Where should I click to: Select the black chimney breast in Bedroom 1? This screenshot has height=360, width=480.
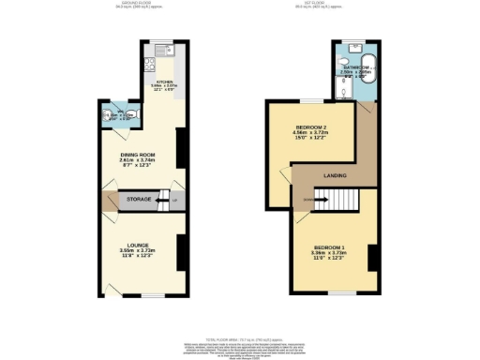pyautogui.click(x=372, y=255)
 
